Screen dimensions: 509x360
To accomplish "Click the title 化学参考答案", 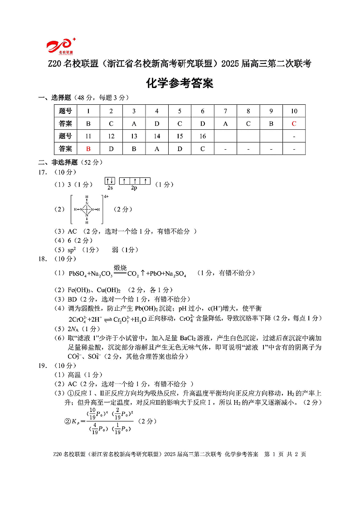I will [x=180, y=83].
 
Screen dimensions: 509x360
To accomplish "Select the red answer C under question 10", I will [x=294, y=123].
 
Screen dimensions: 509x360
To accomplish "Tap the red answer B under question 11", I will [x=88, y=148].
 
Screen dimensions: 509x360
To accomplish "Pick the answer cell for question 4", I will [x=157, y=123].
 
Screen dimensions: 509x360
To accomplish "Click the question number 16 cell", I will [x=202, y=136].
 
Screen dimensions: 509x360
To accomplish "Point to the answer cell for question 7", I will [x=225, y=123].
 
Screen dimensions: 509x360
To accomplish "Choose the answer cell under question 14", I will [x=157, y=148].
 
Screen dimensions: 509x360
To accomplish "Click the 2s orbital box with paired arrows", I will [x=110, y=181].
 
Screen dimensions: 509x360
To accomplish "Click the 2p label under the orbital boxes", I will [x=134, y=188].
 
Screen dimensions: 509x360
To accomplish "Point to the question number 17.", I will [x=44, y=172].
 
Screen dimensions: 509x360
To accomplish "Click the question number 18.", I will [x=44, y=259].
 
